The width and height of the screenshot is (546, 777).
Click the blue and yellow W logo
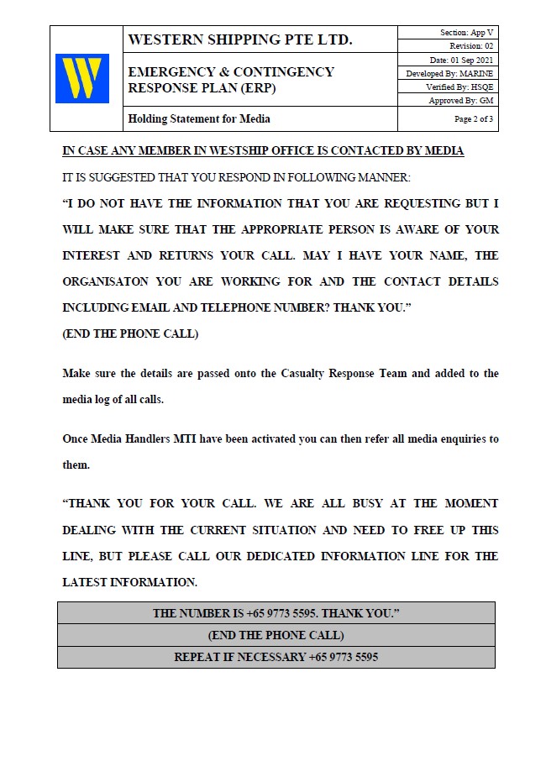click(82, 79)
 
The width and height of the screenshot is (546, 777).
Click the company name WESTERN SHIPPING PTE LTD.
click(240, 39)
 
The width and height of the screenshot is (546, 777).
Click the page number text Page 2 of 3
click(474, 119)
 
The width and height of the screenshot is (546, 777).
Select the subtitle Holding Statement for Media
click(199, 119)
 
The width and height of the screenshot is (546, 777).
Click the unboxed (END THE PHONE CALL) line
click(130, 333)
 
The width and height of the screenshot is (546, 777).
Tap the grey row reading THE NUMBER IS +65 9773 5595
click(276, 613)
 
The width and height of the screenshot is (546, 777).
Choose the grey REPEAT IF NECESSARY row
click(276, 657)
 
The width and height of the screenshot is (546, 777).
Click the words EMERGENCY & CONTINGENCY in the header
click(231, 72)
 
